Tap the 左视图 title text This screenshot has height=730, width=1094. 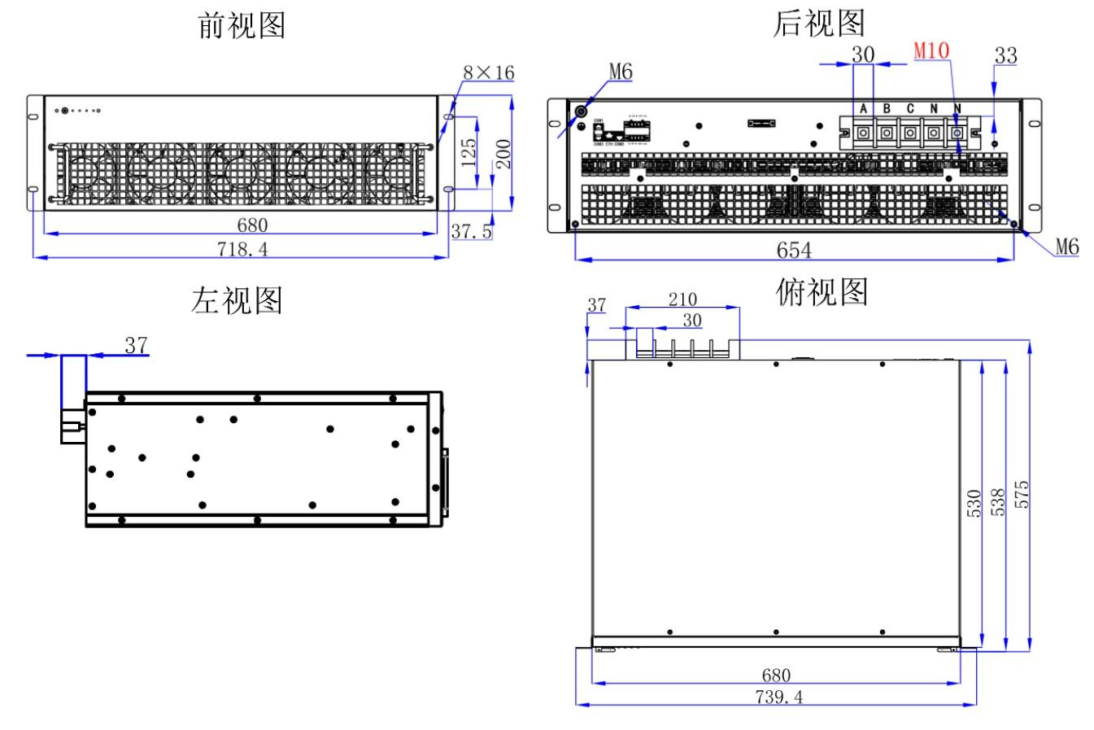point(237,300)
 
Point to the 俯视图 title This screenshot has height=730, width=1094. point(822,290)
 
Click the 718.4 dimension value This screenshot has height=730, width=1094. point(242,249)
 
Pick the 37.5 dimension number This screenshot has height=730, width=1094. point(472,231)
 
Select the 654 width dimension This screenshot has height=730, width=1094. point(793,251)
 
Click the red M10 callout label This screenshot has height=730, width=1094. point(931,50)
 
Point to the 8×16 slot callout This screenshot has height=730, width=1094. point(489,72)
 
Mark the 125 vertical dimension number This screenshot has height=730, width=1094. point(469,151)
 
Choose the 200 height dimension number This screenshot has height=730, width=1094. point(503,153)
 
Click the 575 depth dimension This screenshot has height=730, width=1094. point(1022,494)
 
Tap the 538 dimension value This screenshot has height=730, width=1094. point(999,502)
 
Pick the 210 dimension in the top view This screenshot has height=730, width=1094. point(682,299)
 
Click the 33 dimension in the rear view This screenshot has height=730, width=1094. point(1006,55)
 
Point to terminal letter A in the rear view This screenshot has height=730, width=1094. point(864,109)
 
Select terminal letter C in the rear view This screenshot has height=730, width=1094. point(910,109)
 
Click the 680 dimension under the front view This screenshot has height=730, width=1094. point(252,225)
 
